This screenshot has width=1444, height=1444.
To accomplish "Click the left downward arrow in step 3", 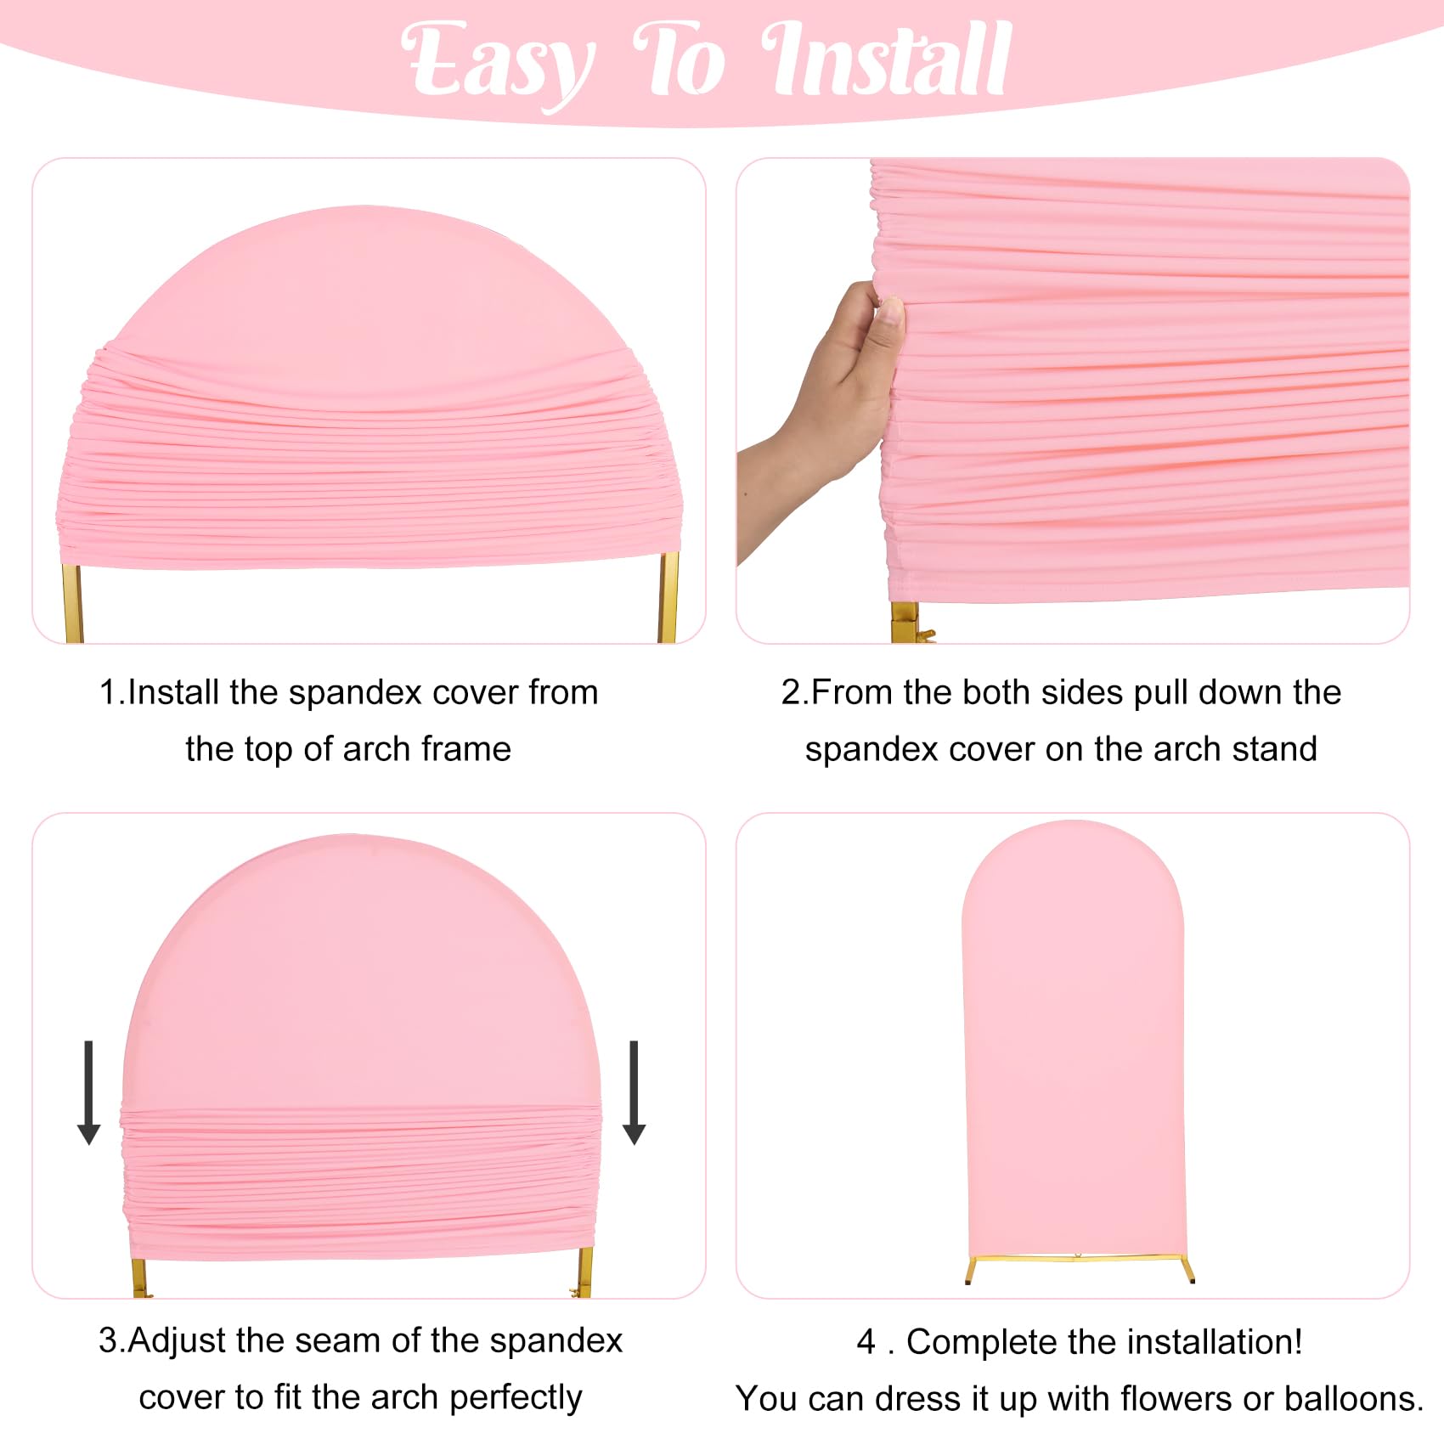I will coord(88,1091).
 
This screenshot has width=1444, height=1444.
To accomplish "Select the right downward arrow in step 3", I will coord(634,1091).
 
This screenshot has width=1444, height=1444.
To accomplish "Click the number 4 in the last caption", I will coord(866,1342).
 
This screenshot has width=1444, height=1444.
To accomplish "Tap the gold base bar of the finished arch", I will coord(1079,1259).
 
